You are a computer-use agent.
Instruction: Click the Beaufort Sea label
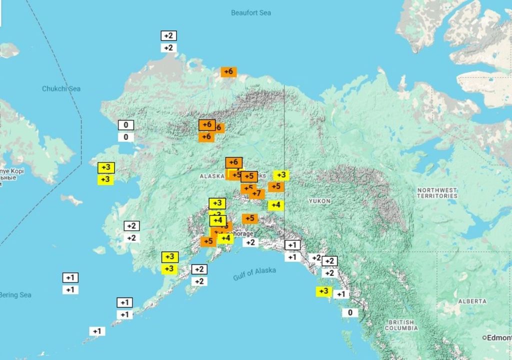point(251,12)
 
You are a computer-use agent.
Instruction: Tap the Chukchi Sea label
point(61,89)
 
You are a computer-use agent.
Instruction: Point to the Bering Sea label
point(15,295)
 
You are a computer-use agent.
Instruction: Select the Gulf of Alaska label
point(254,274)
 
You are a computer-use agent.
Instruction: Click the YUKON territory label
point(319,201)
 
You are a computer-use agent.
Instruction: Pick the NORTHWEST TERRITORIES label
point(437,193)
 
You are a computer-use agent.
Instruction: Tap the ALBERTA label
point(472,301)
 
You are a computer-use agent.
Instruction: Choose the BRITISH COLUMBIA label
point(401,325)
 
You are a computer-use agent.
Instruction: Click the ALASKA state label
point(212,176)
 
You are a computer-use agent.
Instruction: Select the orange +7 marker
point(256,193)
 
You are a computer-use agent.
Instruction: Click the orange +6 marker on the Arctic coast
point(228,72)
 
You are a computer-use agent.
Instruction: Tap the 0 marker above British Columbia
point(350,313)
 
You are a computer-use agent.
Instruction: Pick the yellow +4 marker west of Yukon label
point(275,205)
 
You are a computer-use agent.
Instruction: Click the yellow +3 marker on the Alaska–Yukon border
point(281,175)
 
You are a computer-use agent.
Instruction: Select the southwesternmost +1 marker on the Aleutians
point(97,331)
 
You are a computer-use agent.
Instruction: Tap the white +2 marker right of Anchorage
point(250,242)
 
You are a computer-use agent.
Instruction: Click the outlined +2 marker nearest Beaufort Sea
point(169,36)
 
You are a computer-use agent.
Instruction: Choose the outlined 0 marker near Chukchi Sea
point(126,125)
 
